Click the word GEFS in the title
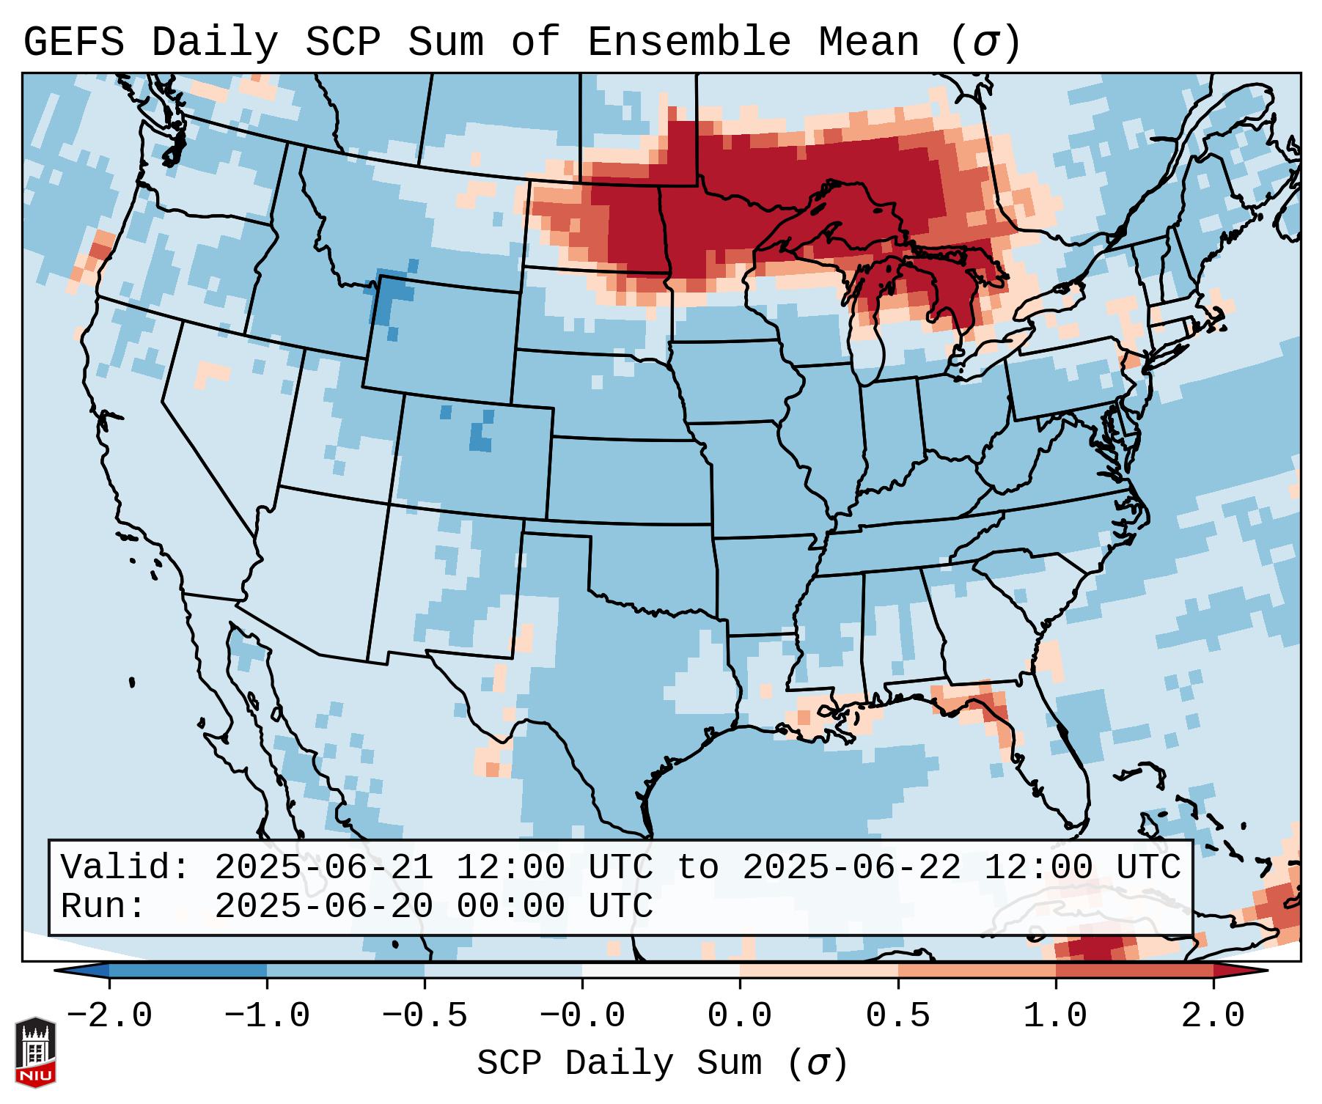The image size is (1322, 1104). (x=74, y=42)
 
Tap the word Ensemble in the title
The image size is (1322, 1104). (x=688, y=42)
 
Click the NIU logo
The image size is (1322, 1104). (x=35, y=1051)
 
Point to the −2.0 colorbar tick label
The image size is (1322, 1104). (x=109, y=1016)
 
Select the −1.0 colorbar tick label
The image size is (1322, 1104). (x=267, y=1016)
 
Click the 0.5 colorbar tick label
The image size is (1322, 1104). (x=897, y=1016)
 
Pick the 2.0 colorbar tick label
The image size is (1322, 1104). (x=1213, y=1016)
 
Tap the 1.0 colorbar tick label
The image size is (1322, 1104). (x=1055, y=1016)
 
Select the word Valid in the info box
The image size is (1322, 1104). (x=125, y=868)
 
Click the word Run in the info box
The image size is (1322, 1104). (x=102, y=907)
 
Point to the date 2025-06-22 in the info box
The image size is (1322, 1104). (x=851, y=868)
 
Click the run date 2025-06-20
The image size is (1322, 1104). (x=323, y=907)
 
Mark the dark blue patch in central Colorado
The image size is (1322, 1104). (x=480, y=439)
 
